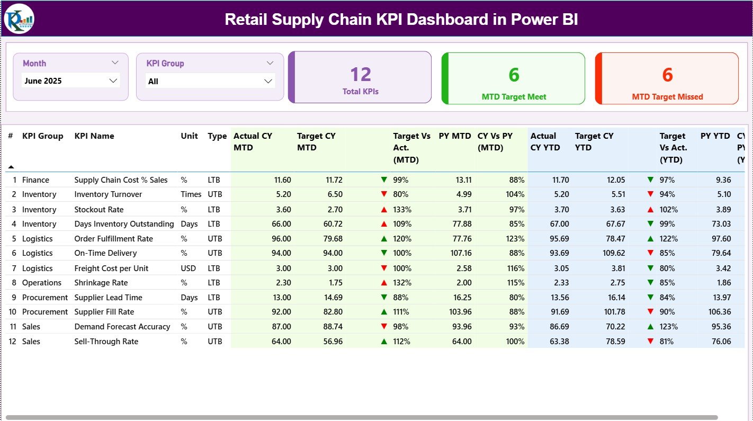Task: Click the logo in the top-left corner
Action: pyautogui.click(x=19, y=19)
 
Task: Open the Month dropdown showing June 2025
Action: pyautogui.click(x=71, y=80)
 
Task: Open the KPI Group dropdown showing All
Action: pyautogui.click(x=210, y=81)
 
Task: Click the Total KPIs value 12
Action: pyautogui.click(x=361, y=74)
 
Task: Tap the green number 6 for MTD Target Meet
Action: pyautogui.click(x=514, y=75)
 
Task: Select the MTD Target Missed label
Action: pyautogui.click(x=667, y=97)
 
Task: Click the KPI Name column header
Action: pyautogui.click(x=94, y=136)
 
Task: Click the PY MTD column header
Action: pyautogui.click(x=454, y=136)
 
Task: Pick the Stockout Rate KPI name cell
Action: pyautogui.click(x=99, y=210)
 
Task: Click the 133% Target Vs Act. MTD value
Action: pyautogui.click(x=402, y=210)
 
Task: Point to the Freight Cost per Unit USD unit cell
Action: pyautogui.click(x=189, y=268)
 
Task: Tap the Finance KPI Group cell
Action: pyautogui.click(x=36, y=180)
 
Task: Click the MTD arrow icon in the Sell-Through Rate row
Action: pyautogui.click(x=384, y=342)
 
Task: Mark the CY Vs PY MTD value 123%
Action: pyautogui.click(x=515, y=239)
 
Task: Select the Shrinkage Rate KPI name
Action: pyautogui.click(x=101, y=283)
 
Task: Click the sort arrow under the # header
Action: pyautogui.click(x=11, y=167)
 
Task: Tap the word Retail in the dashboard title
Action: pyautogui.click(x=246, y=20)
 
